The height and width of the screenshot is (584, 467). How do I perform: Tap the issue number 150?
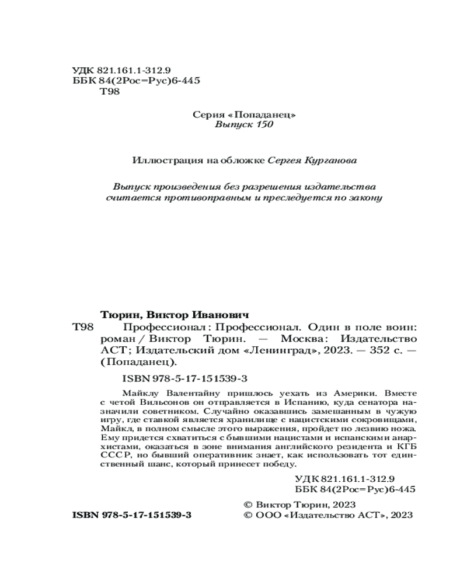(x=262, y=125)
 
